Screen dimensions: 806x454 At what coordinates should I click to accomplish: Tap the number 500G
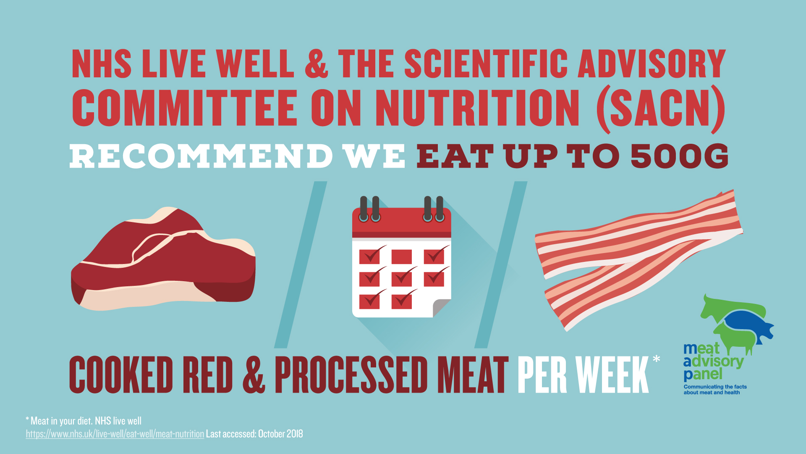point(680,156)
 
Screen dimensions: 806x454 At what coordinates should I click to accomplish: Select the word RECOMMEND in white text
point(201,156)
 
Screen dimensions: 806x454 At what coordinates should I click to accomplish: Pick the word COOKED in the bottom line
point(121,375)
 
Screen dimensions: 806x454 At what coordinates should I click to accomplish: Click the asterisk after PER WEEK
point(657,359)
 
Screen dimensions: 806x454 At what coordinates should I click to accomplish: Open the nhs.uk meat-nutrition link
point(115,434)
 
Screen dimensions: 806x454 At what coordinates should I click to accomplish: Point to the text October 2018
point(280,434)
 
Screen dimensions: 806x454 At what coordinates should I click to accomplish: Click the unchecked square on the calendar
point(402,256)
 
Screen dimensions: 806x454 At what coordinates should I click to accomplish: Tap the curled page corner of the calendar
point(441,308)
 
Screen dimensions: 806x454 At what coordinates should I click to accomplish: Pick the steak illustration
point(163,259)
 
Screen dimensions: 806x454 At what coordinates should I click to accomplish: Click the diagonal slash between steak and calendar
point(301,265)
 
